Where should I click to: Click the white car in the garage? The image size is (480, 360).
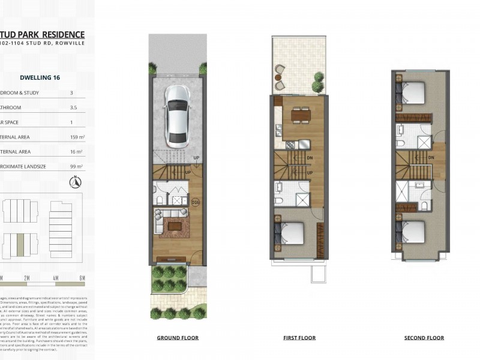[x=178, y=115]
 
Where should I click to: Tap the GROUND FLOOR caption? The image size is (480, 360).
[x=178, y=338]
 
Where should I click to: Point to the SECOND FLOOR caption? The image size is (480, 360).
[x=424, y=338]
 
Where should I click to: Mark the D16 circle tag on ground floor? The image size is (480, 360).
[x=195, y=202]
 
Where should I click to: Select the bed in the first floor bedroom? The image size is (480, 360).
[x=290, y=232]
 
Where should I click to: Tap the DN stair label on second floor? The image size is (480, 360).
[x=432, y=158]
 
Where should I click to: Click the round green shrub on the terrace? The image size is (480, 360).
[x=317, y=78]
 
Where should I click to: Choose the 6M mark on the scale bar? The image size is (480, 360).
[x=82, y=278]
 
